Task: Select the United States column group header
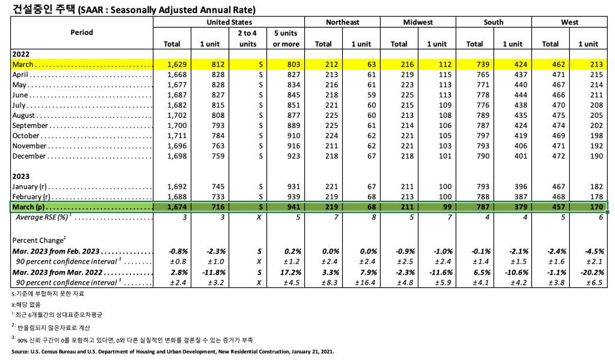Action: (228, 22)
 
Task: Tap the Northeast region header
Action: (342, 22)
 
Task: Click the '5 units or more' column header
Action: (286, 38)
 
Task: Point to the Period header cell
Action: (82, 32)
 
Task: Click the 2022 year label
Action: (22, 54)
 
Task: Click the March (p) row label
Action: (29, 207)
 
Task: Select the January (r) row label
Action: (34, 187)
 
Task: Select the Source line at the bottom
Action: (172, 352)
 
